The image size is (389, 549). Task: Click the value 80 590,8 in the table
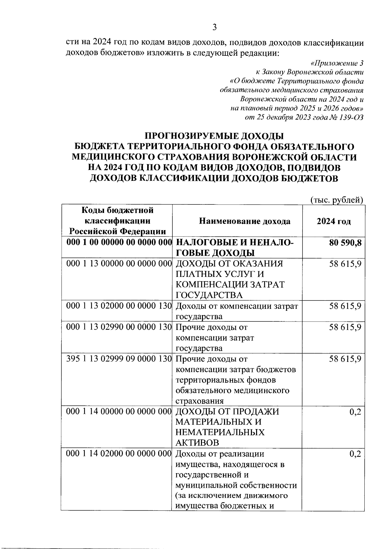[345, 243]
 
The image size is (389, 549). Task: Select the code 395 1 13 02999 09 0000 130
[119, 359]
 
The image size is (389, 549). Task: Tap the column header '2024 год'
[334, 221]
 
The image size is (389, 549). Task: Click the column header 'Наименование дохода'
[245, 221]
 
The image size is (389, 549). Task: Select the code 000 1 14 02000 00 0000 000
[119, 454]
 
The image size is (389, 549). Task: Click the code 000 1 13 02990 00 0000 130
[119, 327]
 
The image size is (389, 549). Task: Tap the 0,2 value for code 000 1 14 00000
[355, 412]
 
